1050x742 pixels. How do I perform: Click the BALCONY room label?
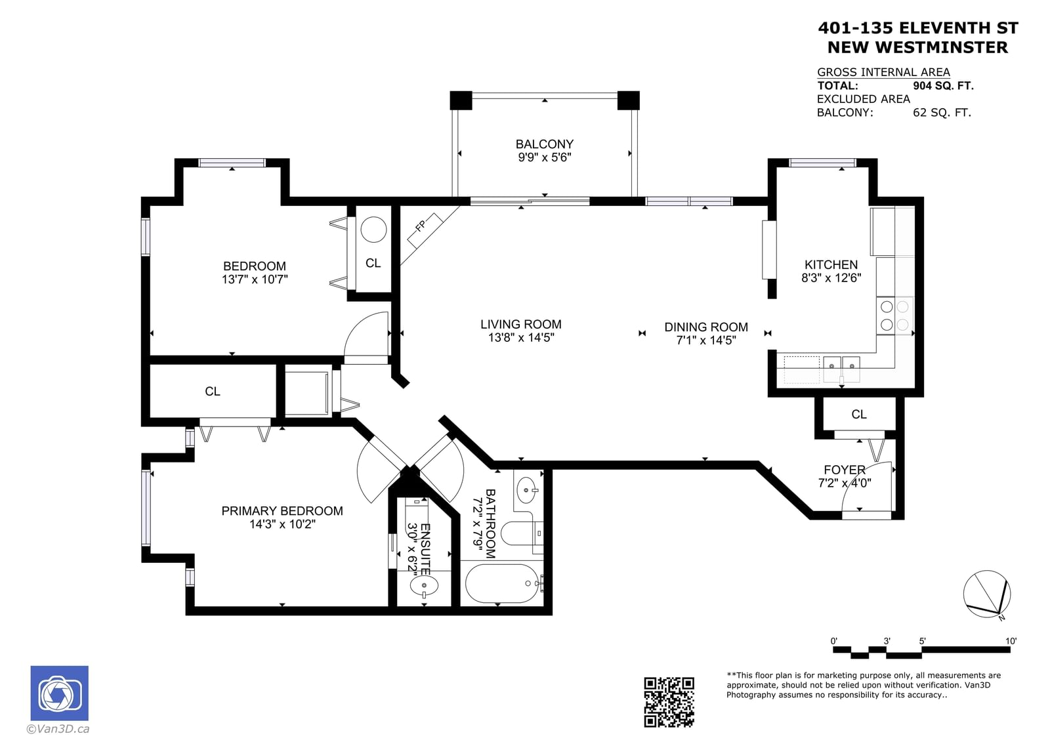[544, 144]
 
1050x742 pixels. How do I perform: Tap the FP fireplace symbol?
[425, 231]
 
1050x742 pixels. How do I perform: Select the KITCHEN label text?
[831, 265]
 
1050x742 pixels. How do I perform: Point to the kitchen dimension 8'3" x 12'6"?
[831, 278]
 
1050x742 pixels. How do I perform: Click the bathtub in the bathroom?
[501, 583]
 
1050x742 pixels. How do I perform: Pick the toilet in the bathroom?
[521, 533]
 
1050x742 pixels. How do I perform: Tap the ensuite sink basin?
[424, 585]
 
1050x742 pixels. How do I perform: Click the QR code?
[669, 702]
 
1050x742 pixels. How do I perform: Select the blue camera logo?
[60, 693]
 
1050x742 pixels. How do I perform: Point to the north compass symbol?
[987, 594]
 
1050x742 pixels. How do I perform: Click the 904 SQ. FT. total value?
[943, 86]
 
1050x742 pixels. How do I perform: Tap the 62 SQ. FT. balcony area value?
[942, 112]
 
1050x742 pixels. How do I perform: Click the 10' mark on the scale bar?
[1011, 641]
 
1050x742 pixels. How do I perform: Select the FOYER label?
[845, 470]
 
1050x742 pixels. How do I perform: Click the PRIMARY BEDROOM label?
[282, 511]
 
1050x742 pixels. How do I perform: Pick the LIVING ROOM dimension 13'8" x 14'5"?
[521, 337]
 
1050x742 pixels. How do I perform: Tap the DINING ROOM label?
[706, 327]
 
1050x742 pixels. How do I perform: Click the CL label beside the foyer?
[859, 415]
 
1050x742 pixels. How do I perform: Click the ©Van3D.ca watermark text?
[58, 729]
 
